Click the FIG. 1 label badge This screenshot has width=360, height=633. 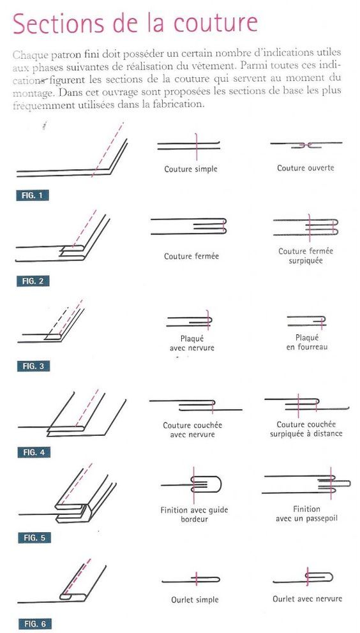(x=33, y=196)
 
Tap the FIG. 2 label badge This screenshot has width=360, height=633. (x=33, y=281)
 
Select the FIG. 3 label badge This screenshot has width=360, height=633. (x=33, y=366)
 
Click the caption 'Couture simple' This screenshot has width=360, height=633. (x=191, y=169)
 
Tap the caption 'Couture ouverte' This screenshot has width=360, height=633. (x=306, y=168)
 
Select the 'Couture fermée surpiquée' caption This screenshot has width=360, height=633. (x=306, y=256)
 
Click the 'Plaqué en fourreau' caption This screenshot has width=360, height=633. (x=307, y=342)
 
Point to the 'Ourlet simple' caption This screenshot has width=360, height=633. (x=195, y=600)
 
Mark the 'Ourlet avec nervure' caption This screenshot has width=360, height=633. (x=307, y=599)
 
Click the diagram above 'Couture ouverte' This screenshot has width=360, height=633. (x=306, y=145)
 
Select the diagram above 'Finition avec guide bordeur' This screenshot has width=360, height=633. (x=192, y=484)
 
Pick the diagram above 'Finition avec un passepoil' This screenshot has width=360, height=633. (x=306, y=484)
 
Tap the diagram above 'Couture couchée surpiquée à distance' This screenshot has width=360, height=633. (x=306, y=405)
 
